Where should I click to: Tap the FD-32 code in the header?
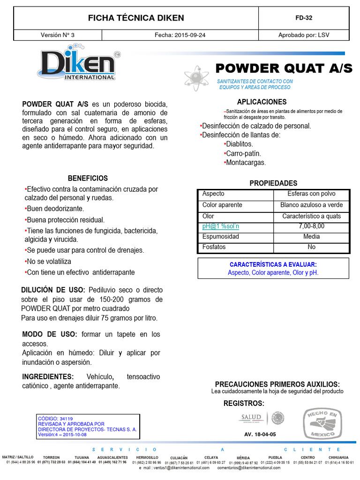[x=304, y=18]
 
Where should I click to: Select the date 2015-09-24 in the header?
[x=180, y=35]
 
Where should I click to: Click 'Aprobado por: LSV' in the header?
[x=304, y=35]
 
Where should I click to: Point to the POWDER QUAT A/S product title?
[x=284, y=68]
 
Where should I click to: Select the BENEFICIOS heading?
[x=88, y=178]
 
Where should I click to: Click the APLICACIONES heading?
[x=262, y=102]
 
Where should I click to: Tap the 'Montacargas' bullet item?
[x=246, y=163]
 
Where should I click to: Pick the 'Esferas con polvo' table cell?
[x=311, y=194]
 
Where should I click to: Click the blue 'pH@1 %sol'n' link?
[x=221, y=226]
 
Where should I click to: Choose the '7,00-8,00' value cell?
[x=311, y=226]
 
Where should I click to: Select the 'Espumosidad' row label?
[x=221, y=237]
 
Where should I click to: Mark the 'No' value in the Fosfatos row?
[x=311, y=247]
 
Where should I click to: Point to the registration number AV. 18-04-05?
[x=260, y=435]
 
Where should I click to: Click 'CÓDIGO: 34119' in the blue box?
[x=55, y=419]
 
